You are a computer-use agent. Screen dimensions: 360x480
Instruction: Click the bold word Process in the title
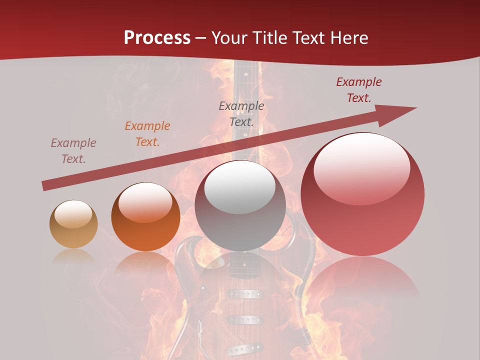pos(157,38)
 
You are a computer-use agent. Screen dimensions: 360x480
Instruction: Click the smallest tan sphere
pos(73,224)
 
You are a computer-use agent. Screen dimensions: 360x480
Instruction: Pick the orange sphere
pos(145,217)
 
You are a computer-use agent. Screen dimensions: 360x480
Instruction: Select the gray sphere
pos(240,205)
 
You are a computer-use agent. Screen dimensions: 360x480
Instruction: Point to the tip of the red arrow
pos(415,108)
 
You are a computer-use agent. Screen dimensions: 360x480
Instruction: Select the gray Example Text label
pos(241,114)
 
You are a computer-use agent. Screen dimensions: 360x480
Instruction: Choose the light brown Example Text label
pos(73,151)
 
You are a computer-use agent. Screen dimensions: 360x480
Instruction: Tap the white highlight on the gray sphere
pos(240,187)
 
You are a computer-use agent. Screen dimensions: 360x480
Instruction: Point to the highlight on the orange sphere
pos(145,202)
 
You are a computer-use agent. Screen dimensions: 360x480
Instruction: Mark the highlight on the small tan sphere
pos(73,214)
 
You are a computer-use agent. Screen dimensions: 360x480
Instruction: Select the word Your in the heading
pos(228,38)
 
